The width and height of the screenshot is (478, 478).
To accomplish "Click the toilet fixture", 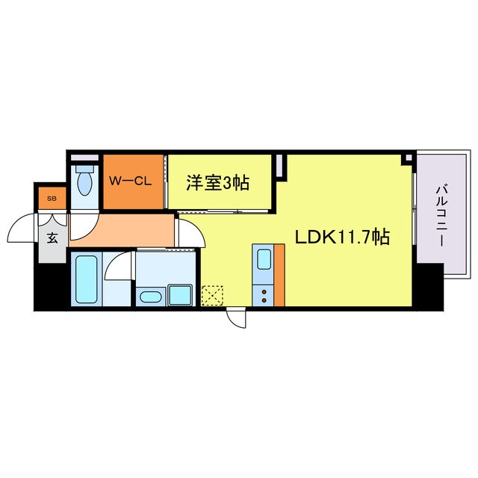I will (84, 181).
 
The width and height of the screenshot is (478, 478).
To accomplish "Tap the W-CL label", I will (131, 181).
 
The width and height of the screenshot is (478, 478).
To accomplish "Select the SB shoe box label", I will (52, 199).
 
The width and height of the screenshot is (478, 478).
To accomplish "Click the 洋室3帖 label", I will (217, 181).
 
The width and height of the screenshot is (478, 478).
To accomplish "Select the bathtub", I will (87, 279).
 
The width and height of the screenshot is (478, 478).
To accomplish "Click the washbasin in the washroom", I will (150, 297).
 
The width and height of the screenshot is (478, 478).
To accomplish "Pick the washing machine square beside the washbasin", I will (179, 294).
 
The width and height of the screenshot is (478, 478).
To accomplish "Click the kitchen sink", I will (264, 259).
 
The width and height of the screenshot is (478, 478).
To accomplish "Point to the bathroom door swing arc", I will (117, 267).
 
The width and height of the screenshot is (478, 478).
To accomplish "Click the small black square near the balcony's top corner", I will (406, 159).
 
